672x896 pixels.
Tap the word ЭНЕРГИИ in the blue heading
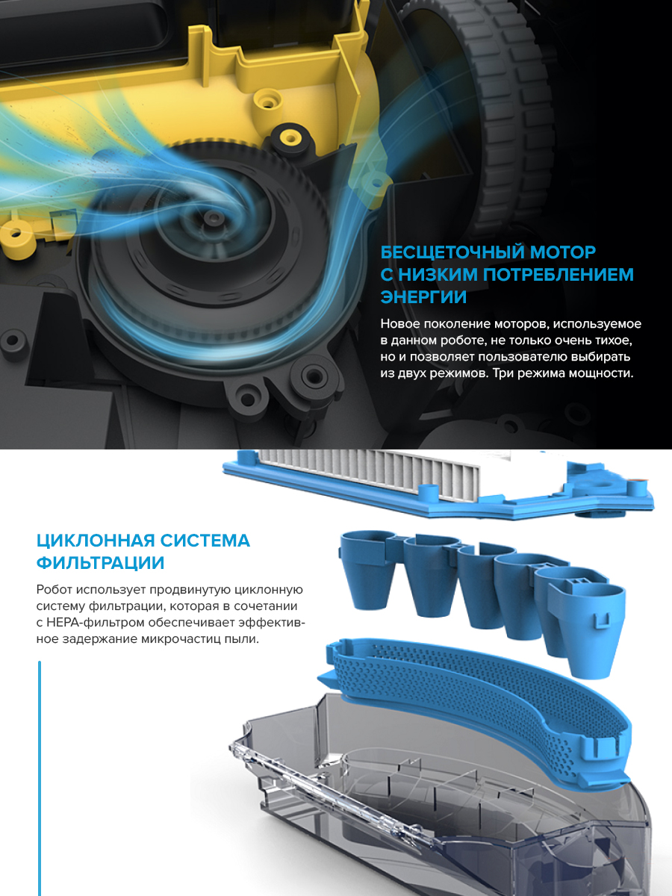pyautogui.click(x=423, y=297)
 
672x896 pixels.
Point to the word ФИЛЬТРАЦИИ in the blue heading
pyautogui.click(x=101, y=562)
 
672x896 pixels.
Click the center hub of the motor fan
pyautogui.click(x=217, y=217)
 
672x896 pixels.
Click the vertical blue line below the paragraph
pyautogui.click(x=40, y=777)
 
